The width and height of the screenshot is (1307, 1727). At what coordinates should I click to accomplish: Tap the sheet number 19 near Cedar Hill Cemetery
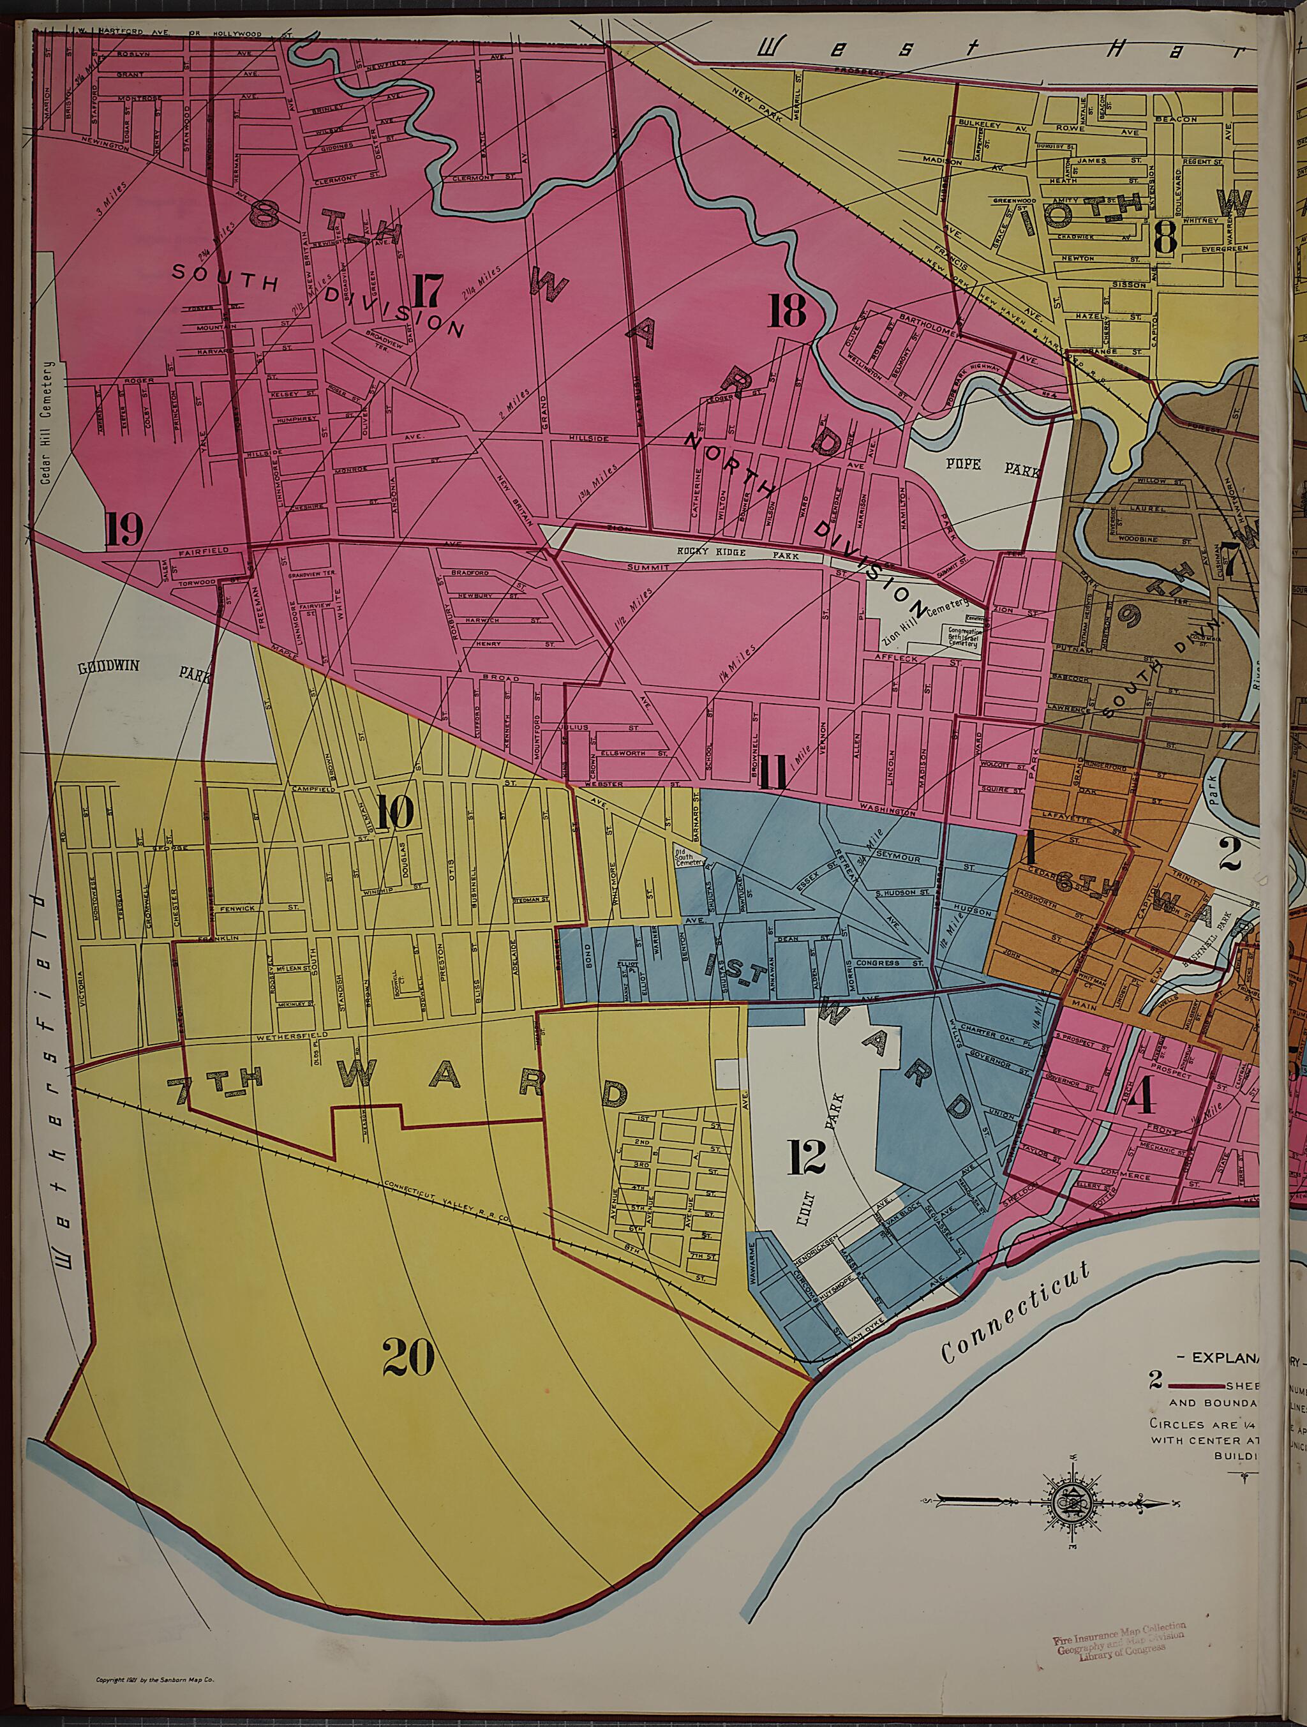(x=124, y=531)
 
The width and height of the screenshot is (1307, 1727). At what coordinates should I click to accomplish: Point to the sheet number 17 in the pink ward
(x=428, y=293)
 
